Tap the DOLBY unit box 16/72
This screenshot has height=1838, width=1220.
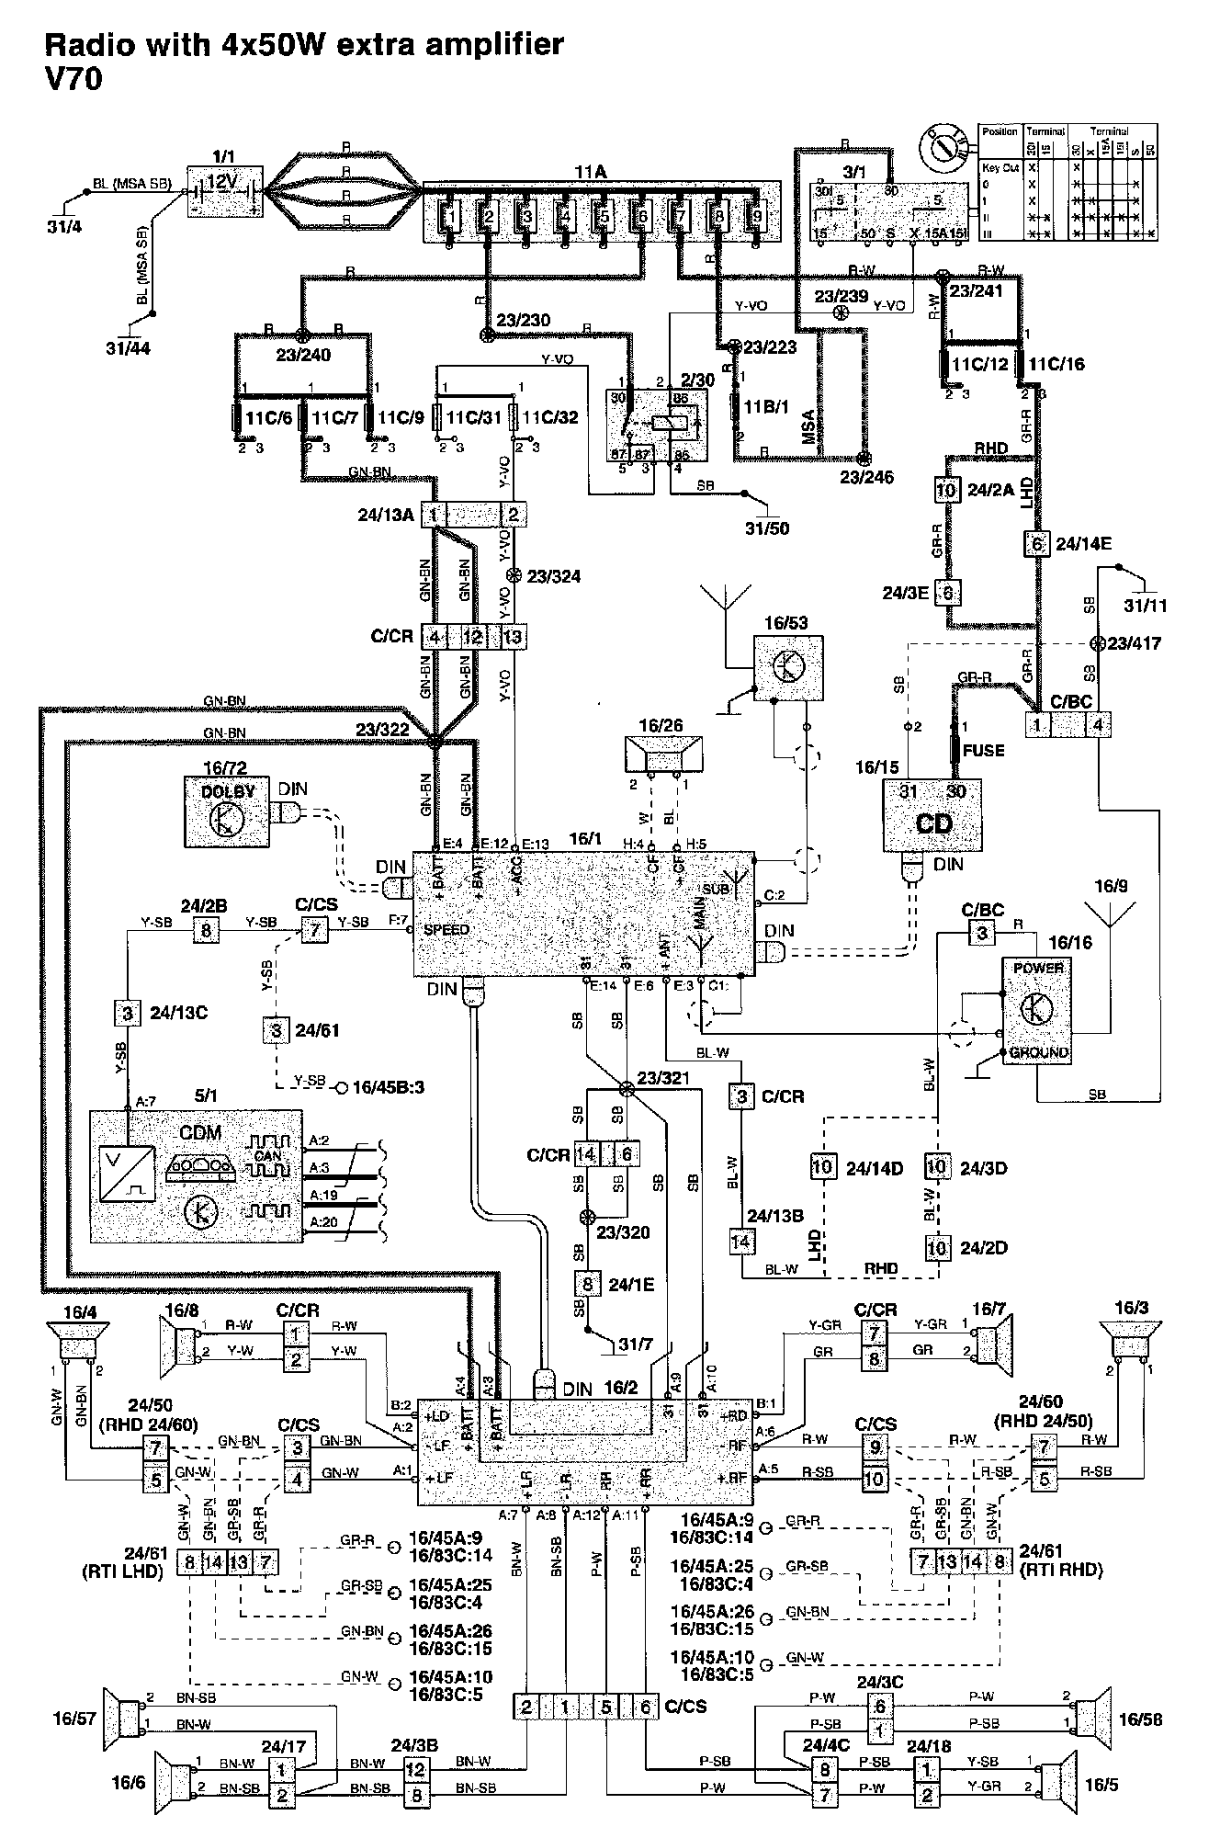tap(225, 812)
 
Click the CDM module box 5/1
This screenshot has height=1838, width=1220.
tap(196, 1175)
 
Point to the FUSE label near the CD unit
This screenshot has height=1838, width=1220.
tap(983, 750)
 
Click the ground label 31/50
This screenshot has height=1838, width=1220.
tap(768, 528)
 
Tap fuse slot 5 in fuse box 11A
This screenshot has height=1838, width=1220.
tap(602, 218)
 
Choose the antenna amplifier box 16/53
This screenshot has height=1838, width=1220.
tap(787, 668)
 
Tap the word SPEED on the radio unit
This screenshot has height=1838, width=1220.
tap(446, 930)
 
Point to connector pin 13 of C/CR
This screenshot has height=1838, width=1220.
tap(513, 636)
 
